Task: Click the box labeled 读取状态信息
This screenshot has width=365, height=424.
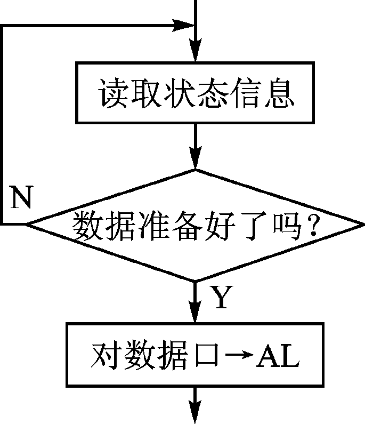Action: click(195, 93)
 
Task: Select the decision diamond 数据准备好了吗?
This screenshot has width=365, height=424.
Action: click(195, 225)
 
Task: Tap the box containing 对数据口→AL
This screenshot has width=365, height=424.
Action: click(195, 355)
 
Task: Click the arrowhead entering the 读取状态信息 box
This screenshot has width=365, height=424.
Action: click(196, 54)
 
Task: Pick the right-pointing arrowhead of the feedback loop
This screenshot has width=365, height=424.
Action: click(184, 25)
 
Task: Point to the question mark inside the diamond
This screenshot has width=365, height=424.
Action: click(313, 227)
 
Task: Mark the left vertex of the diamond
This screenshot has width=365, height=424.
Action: click(27, 225)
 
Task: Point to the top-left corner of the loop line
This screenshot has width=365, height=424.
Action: click(3, 26)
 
